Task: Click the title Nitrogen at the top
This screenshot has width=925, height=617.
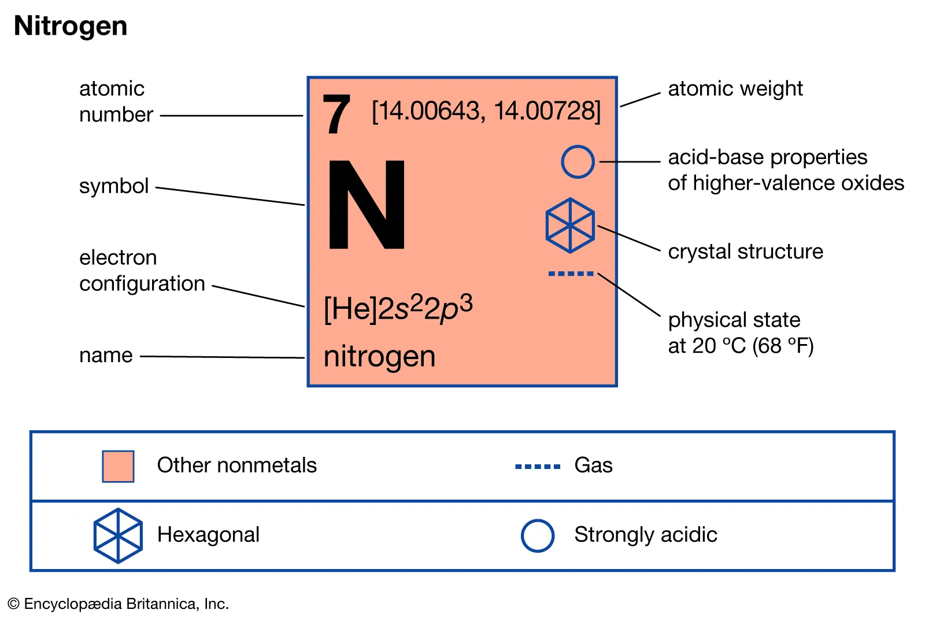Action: click(71, 26)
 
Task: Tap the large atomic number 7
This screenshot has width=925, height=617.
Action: click(336, 114)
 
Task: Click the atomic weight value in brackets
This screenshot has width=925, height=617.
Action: click(486, 111)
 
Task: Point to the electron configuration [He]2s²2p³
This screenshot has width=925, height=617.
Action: click(398, 308)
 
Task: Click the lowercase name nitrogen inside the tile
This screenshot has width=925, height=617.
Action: click(379, 356)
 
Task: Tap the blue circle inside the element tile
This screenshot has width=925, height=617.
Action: click(578, 162)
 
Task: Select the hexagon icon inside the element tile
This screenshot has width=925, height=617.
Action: click(570, 226)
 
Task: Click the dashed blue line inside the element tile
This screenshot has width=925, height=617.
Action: click(571, 274)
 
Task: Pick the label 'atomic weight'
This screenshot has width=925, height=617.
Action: click(735, 88)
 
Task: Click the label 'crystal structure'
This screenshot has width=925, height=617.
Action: click(745, 252)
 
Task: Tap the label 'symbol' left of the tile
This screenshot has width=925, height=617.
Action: click(114, 186)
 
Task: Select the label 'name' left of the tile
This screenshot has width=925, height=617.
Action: click(106, 355)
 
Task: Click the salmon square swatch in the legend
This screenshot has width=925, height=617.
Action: click(118, 466)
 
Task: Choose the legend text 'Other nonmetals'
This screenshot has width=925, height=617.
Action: click(236, 465)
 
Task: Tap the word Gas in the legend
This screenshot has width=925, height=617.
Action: click(593, 465)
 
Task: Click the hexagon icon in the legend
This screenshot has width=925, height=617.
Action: click(118, 535)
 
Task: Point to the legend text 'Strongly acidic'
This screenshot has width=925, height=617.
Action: click(645, 535)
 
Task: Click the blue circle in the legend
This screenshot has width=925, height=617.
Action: click(538, 535)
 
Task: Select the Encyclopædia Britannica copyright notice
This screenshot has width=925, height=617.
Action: click(119, 604)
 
